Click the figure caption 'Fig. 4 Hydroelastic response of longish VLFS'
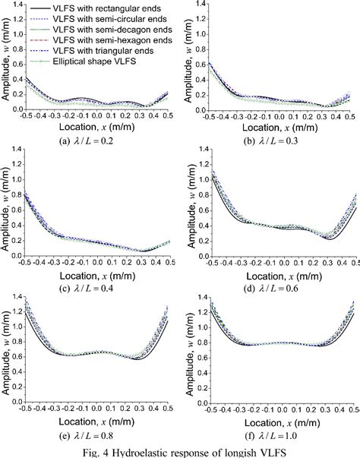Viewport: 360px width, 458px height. click(x=179, y=451)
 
